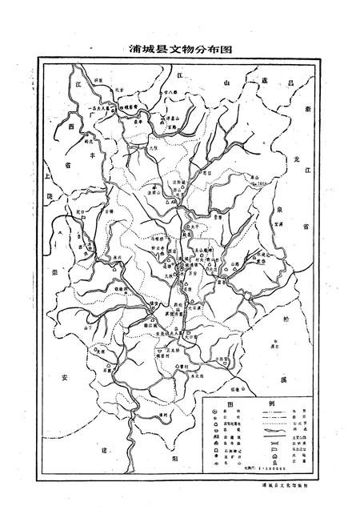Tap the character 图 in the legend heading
pos(230,404)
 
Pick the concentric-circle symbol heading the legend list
pos(217,416)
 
